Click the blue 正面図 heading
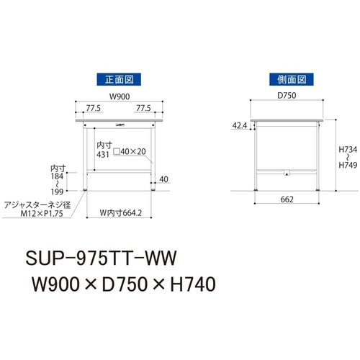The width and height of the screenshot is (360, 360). [x=119, y=79]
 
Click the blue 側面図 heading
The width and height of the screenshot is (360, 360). [x=292, y=79]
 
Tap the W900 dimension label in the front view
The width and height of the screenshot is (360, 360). [x=120, y=96]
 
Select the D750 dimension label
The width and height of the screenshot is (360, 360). [x=287, y=95]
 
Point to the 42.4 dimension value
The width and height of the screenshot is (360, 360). [x=240, y=125]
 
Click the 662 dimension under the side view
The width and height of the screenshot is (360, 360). [x=287, y=199]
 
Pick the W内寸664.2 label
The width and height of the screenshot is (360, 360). [x=121, y=213]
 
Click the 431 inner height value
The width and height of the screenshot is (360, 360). [x=103, y=155]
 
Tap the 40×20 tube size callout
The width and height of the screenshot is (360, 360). [x=130, y=151]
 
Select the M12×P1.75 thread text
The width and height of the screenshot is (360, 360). [x=42, y=213]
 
